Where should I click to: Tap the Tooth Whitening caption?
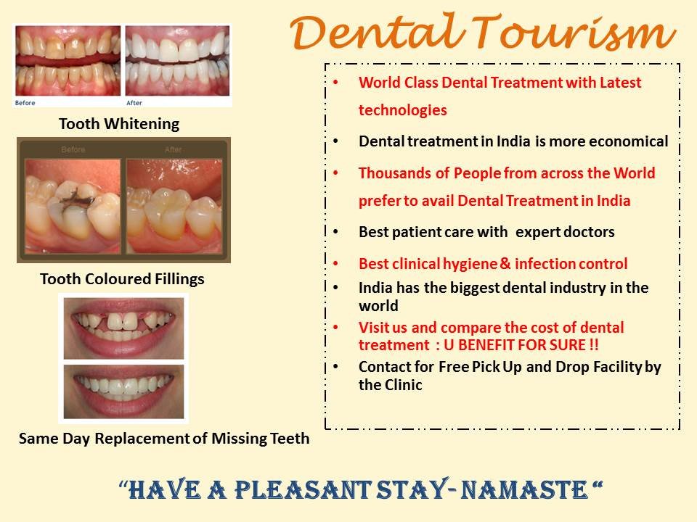click(119, 124)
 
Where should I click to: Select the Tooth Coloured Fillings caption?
click(122, 278)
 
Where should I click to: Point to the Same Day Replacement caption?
click(164, 438)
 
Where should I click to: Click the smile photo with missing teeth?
click(124, 328)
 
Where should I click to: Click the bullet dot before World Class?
click(335, 83)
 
